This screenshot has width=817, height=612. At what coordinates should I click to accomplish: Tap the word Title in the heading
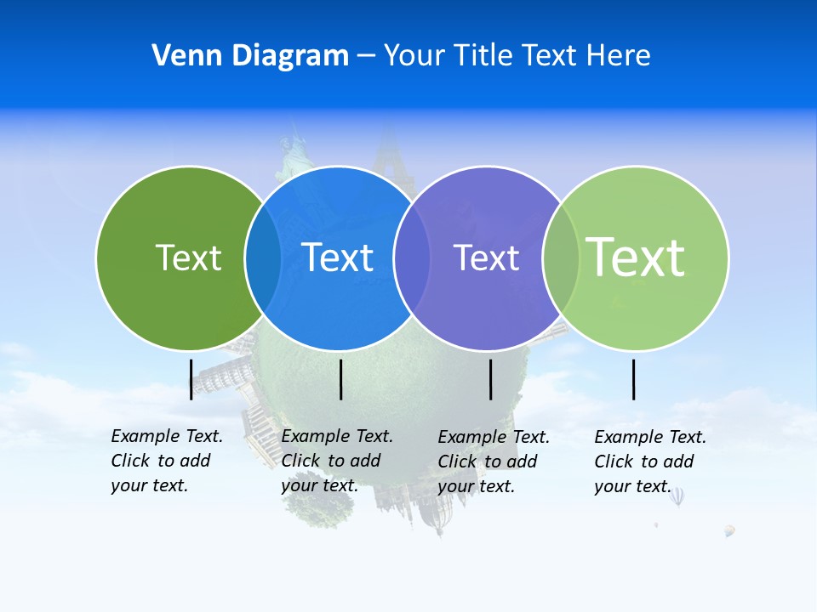click(x=484, y=56)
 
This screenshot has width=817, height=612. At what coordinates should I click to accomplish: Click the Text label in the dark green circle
click(x=188, y=258)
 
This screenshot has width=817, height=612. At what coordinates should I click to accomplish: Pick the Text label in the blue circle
click(x=337, y=258)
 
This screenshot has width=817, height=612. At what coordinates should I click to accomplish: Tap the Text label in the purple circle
click(x=486, y=258)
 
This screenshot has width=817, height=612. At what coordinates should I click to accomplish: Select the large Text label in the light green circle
click(x=635, y=258)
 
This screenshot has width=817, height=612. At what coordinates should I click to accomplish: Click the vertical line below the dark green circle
click(x=191, y=379)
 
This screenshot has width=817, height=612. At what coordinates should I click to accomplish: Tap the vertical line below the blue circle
click(x=340, y=379)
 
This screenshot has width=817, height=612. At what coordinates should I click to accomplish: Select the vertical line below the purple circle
click(x=490, y=379)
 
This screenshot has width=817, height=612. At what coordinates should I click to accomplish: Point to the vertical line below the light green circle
click(x=633, y=379)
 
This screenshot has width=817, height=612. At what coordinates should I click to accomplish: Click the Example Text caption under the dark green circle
click(x=166, y=461)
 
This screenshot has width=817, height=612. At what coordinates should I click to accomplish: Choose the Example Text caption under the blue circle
click(x=336, y=461)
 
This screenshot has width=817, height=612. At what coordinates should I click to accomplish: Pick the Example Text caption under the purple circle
click(x=493, y=462)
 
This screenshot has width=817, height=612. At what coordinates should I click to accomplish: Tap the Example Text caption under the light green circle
click(x=649, y=462)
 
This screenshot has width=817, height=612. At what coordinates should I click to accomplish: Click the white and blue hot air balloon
click(x=677, y=496)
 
